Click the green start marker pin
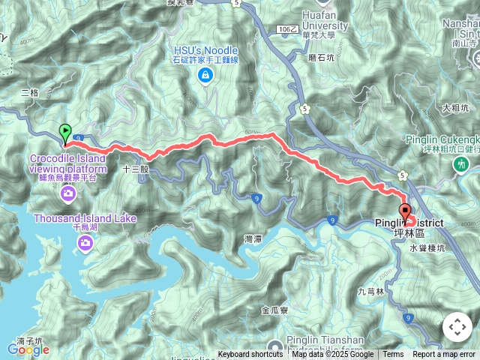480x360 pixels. (x=65, y=133)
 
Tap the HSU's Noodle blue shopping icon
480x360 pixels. (x=205, y=75)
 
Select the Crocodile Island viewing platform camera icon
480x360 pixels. (x=68, y=194)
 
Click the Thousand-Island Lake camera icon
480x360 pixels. (x=85, y=241)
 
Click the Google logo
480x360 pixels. (x=28, y=349)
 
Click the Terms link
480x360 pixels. (x=393, y=355)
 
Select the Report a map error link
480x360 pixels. (x=444, y=355)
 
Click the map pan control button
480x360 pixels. (x=457, y=328)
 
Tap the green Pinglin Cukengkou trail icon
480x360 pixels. (x=464, y=163)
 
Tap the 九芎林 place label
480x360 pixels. (x=370, y=291)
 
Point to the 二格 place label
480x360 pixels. (x=30, y=92)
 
